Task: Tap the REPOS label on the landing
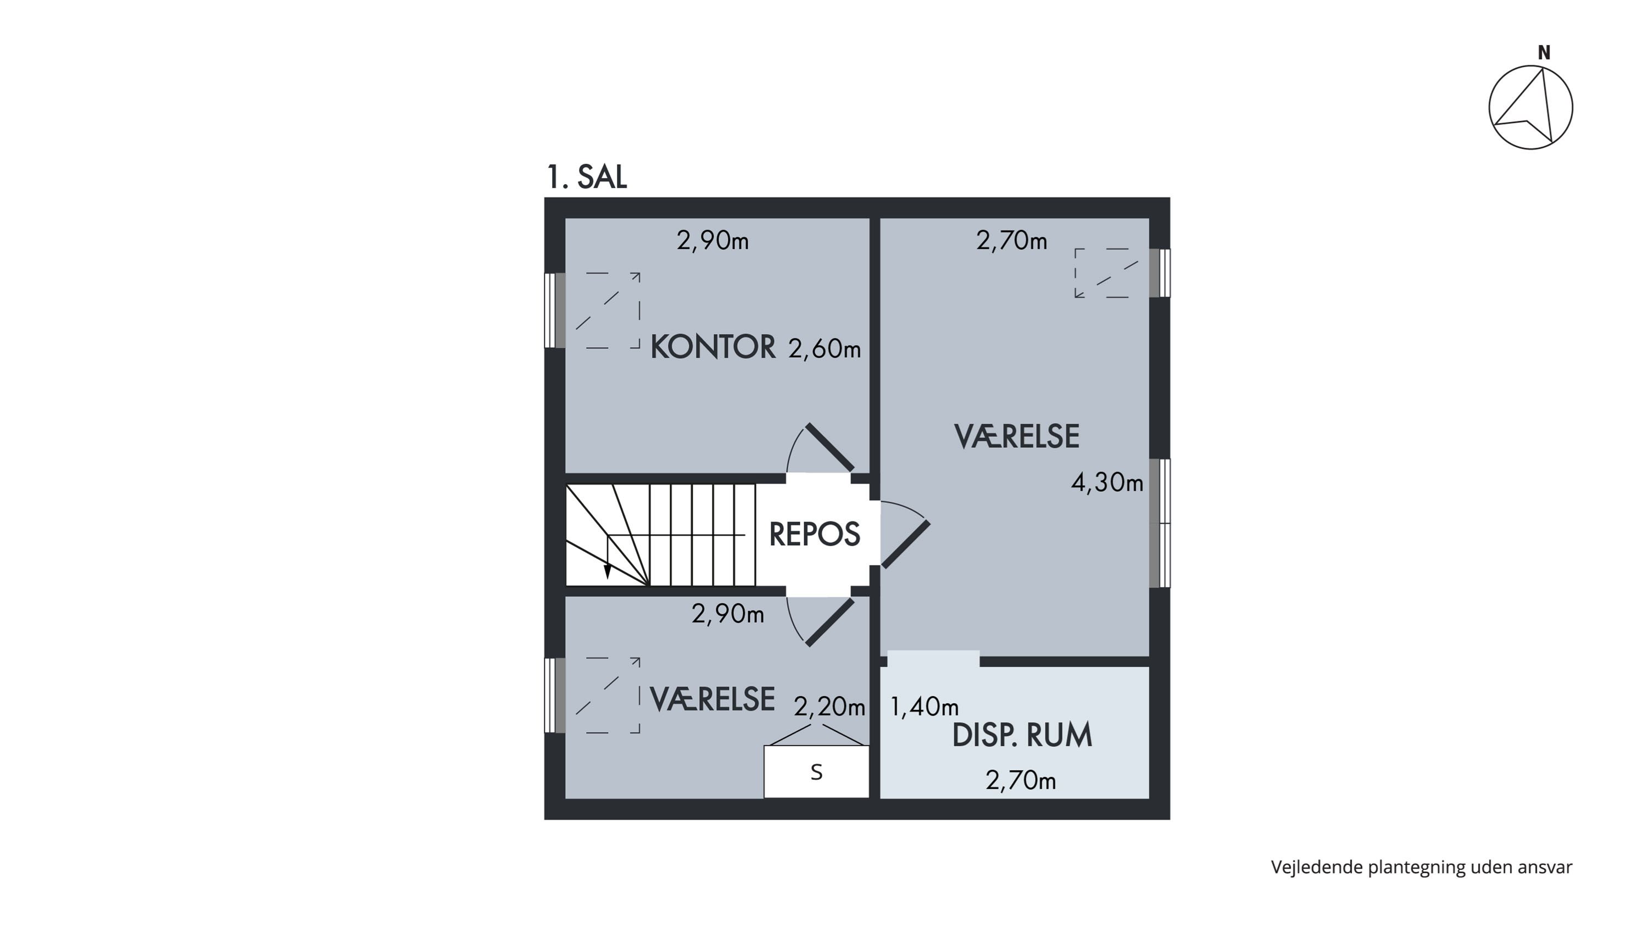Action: [815, 534]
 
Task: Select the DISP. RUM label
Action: [1022, 735]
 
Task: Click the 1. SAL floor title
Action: [587, 176]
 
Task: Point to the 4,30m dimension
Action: [1107, 482]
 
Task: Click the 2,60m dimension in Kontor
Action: [824, 349]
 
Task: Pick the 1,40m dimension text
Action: [925, 706]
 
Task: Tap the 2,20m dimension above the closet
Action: [829, 706]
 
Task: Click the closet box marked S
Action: [816, 771]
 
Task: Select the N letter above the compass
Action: [1544, 53]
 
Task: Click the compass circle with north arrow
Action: [1530, 108]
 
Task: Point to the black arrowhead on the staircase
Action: [607, 571]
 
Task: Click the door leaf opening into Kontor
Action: [829, 447]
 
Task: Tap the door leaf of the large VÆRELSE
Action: [906, 545]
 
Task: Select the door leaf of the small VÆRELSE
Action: [829, 623]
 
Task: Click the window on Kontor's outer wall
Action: [555, 310]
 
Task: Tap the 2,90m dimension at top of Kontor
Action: [712, 241]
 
